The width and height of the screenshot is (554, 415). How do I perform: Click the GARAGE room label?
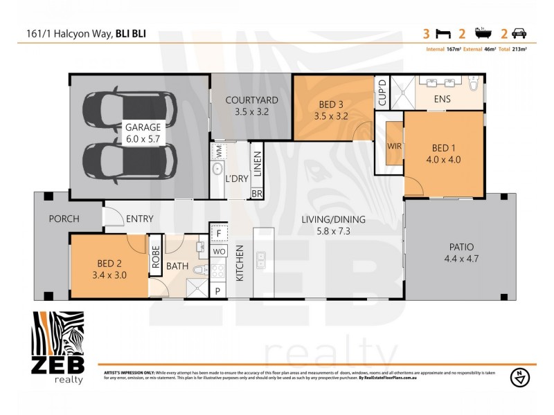(143, 127)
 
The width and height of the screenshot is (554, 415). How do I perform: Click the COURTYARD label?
(252, 100)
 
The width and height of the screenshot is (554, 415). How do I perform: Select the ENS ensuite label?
(442, 99)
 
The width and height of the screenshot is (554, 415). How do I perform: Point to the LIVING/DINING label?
(333, 220)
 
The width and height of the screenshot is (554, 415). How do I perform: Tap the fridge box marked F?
(218, 232)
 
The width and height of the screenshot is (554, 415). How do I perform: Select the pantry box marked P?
(218, 291)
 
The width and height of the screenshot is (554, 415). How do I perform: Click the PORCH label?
(64, 219)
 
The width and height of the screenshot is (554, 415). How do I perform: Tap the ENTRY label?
(139, 219)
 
